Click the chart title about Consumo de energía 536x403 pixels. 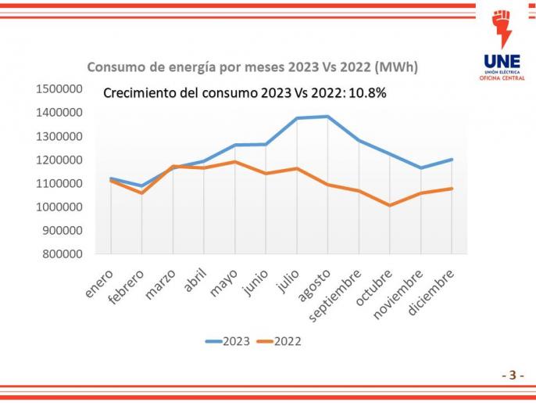click(252, 67)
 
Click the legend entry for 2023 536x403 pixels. click(228, 341)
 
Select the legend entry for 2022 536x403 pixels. click(280, 341)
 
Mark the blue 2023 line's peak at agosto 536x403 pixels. click(327, 117)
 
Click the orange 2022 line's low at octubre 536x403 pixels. click(390, 205)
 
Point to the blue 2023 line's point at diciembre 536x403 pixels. click(452, 160)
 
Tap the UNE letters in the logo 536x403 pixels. click(502, 61)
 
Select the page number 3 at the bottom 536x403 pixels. click(513, 375)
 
